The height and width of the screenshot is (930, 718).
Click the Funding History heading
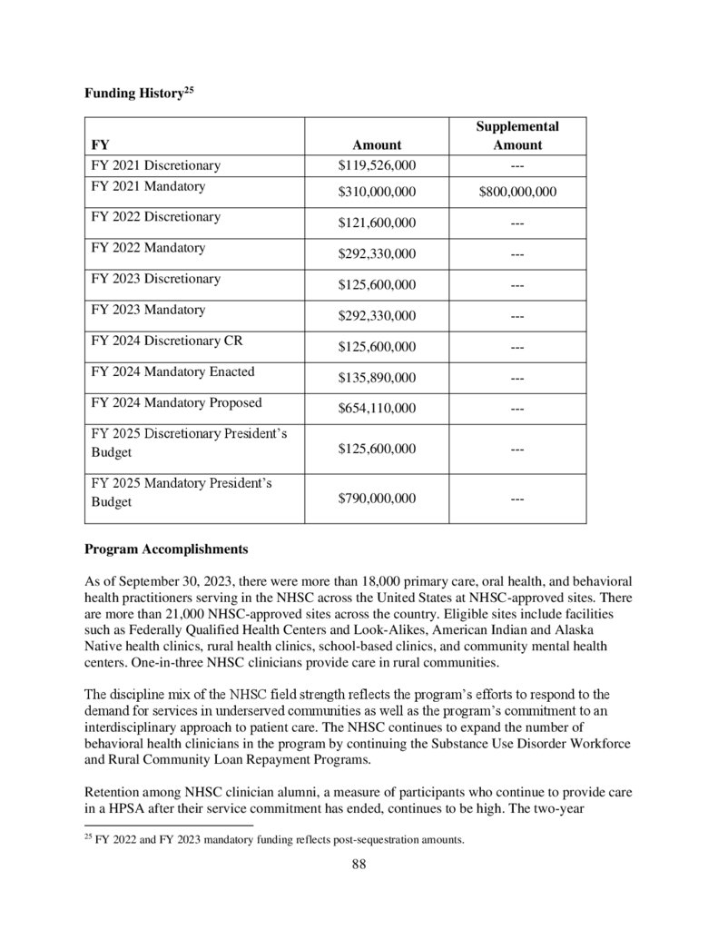[136, 93]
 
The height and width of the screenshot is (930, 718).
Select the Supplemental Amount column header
[517, 135]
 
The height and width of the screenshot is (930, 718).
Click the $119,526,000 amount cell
[377, 165]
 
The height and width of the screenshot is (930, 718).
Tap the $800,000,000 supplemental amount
[517, 192]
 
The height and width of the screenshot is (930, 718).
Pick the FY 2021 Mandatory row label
[148, 186]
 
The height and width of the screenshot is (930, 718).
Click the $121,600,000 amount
[377, 223]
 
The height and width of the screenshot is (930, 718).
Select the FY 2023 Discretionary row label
[155, 279]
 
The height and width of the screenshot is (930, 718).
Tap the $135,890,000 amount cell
[377, 377]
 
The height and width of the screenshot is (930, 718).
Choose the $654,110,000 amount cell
[377, 408]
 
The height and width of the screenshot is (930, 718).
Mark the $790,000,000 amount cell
[377, 498]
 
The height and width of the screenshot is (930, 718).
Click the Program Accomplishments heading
[165, 549]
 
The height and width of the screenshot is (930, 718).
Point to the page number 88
[359, 864]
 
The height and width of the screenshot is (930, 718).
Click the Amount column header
[377, 144]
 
